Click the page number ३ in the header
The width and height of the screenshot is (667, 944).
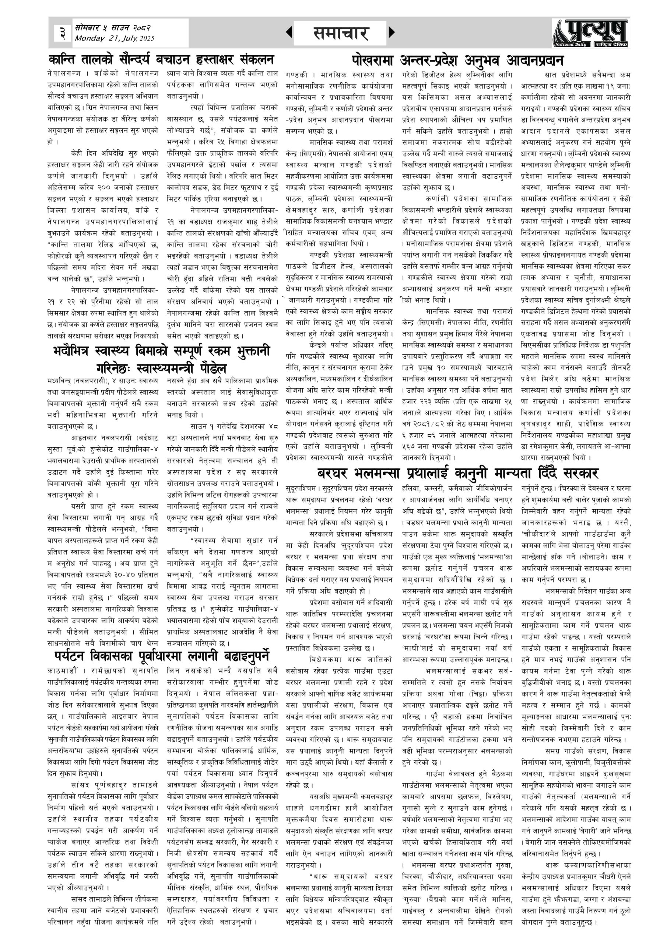tap(62, 33)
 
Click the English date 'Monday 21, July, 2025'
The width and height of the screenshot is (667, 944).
tap(114, 39)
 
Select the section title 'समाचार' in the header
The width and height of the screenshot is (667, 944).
tap(340, 33)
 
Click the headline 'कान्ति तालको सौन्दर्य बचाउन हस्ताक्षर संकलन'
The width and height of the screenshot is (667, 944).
tap(161, 60)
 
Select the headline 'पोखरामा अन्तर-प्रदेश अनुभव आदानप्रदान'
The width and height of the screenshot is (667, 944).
tap(457, 60)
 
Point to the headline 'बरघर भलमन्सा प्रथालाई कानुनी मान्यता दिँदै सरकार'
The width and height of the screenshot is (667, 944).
tap(457, 473)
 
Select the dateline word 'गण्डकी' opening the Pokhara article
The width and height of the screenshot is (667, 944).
tap(296, 76)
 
